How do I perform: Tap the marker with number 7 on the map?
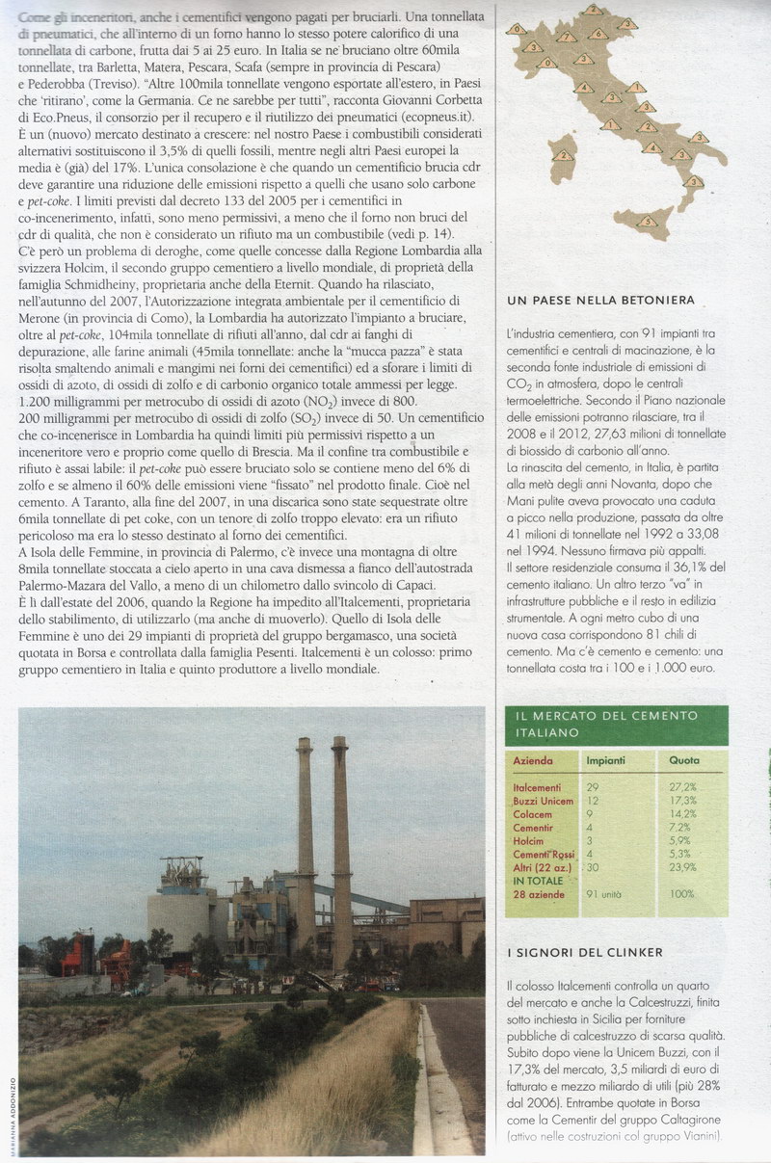click(x=566, y=38)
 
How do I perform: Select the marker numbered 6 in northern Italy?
click(x=598, y=34)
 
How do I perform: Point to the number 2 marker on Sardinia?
click(x=561, y=155)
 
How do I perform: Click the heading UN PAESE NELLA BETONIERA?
click(x=599, y=302)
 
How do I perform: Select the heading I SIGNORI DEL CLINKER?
click(x=584, y=953)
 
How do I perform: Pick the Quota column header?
click(x=684, y=760)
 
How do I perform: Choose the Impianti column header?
click(x=606, y=760)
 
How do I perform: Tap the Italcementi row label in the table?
click(x=537, y=787)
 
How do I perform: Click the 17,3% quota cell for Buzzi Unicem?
click(x=683, y=801)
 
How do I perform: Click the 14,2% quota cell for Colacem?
click(x=683, y=814)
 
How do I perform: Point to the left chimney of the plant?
click(x=305, y=848)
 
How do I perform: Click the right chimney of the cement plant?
click(x=340, y=848)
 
